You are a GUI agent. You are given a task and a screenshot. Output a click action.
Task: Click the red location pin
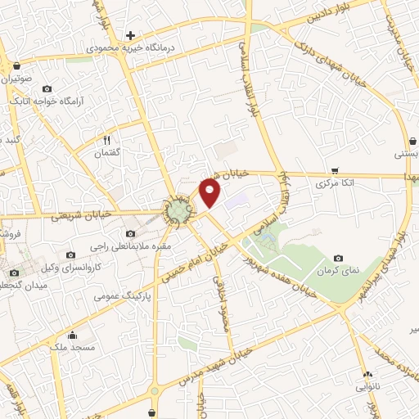(x=211, y=192)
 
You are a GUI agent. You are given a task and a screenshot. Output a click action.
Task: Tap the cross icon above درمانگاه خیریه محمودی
(x=130, y=35)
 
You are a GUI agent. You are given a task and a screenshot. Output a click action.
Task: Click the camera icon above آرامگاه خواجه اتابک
(x=47, y=88)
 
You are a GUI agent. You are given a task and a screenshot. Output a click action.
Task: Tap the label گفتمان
(x=107, y=153)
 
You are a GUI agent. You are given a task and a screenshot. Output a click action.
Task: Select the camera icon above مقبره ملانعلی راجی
(x=131, y=234)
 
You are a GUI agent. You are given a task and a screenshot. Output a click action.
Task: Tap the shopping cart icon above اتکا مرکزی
(x=335, y=171)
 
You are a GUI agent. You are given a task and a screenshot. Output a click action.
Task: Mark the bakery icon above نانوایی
(x=365, y=375)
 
